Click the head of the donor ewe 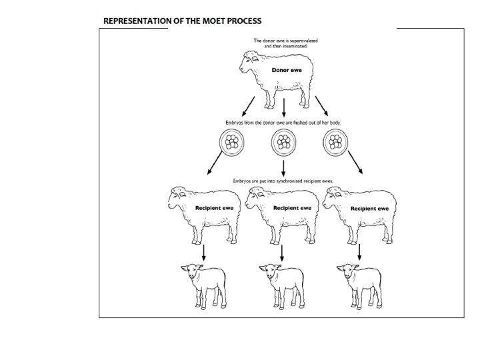[251, 63]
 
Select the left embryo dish [232, 141]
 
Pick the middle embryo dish [284, 141]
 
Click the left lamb [203, 283]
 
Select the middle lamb [281, 283]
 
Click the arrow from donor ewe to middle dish [285, 107]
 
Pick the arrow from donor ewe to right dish [323, 105]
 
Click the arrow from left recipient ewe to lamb [203, 252]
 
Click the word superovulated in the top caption [301, 41]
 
